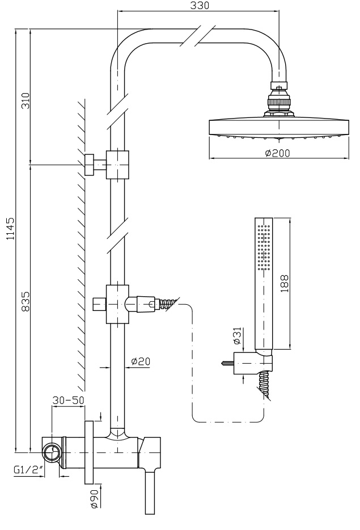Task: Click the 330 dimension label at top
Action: coord(199,6)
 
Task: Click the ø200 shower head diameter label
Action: coord(277,153)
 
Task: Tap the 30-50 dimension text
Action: coord(68,399)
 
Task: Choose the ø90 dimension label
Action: coord(94,503)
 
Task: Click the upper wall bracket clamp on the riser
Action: coord(118,164)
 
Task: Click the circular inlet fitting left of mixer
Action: coord(52,453)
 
